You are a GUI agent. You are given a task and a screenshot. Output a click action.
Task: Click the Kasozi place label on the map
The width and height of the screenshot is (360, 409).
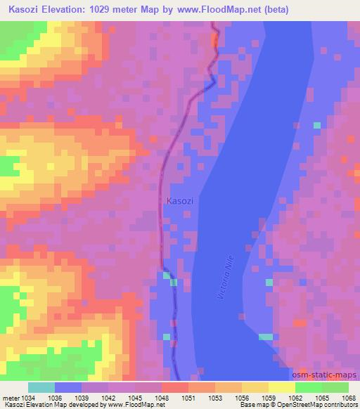(x=181, y=201)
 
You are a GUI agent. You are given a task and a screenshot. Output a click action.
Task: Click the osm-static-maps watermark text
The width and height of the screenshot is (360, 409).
(x=326, y=376)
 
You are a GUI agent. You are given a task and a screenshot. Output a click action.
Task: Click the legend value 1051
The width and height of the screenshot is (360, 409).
(x=189, y=398)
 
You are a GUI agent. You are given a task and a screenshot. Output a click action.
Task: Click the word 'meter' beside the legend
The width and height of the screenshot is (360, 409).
(x=9, y=398)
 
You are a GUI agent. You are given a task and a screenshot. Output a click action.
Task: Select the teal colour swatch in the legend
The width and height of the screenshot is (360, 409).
(x=41, y=388)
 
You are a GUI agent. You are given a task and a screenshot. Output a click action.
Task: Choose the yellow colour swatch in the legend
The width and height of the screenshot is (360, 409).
(x=281, y=388)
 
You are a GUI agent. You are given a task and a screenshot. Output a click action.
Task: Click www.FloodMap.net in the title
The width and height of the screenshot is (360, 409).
(x=219, y=9)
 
